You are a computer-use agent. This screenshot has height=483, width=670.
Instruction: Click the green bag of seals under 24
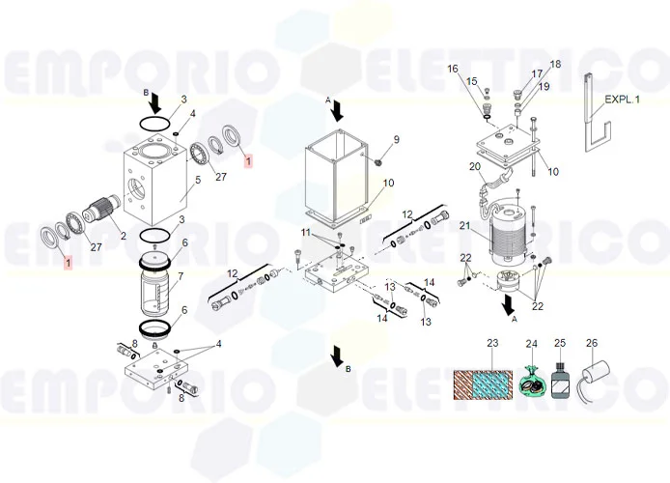tap(531, 380)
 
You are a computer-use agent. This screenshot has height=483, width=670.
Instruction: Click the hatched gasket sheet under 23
tap(483, 384)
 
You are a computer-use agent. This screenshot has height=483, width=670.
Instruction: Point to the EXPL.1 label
tap(623, 99)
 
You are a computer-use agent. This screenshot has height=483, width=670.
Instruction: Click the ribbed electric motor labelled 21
tap(508, 234)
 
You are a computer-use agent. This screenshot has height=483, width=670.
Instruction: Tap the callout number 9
tap(396, 139)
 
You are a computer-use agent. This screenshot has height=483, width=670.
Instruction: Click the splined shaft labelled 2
tap(103, 208)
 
